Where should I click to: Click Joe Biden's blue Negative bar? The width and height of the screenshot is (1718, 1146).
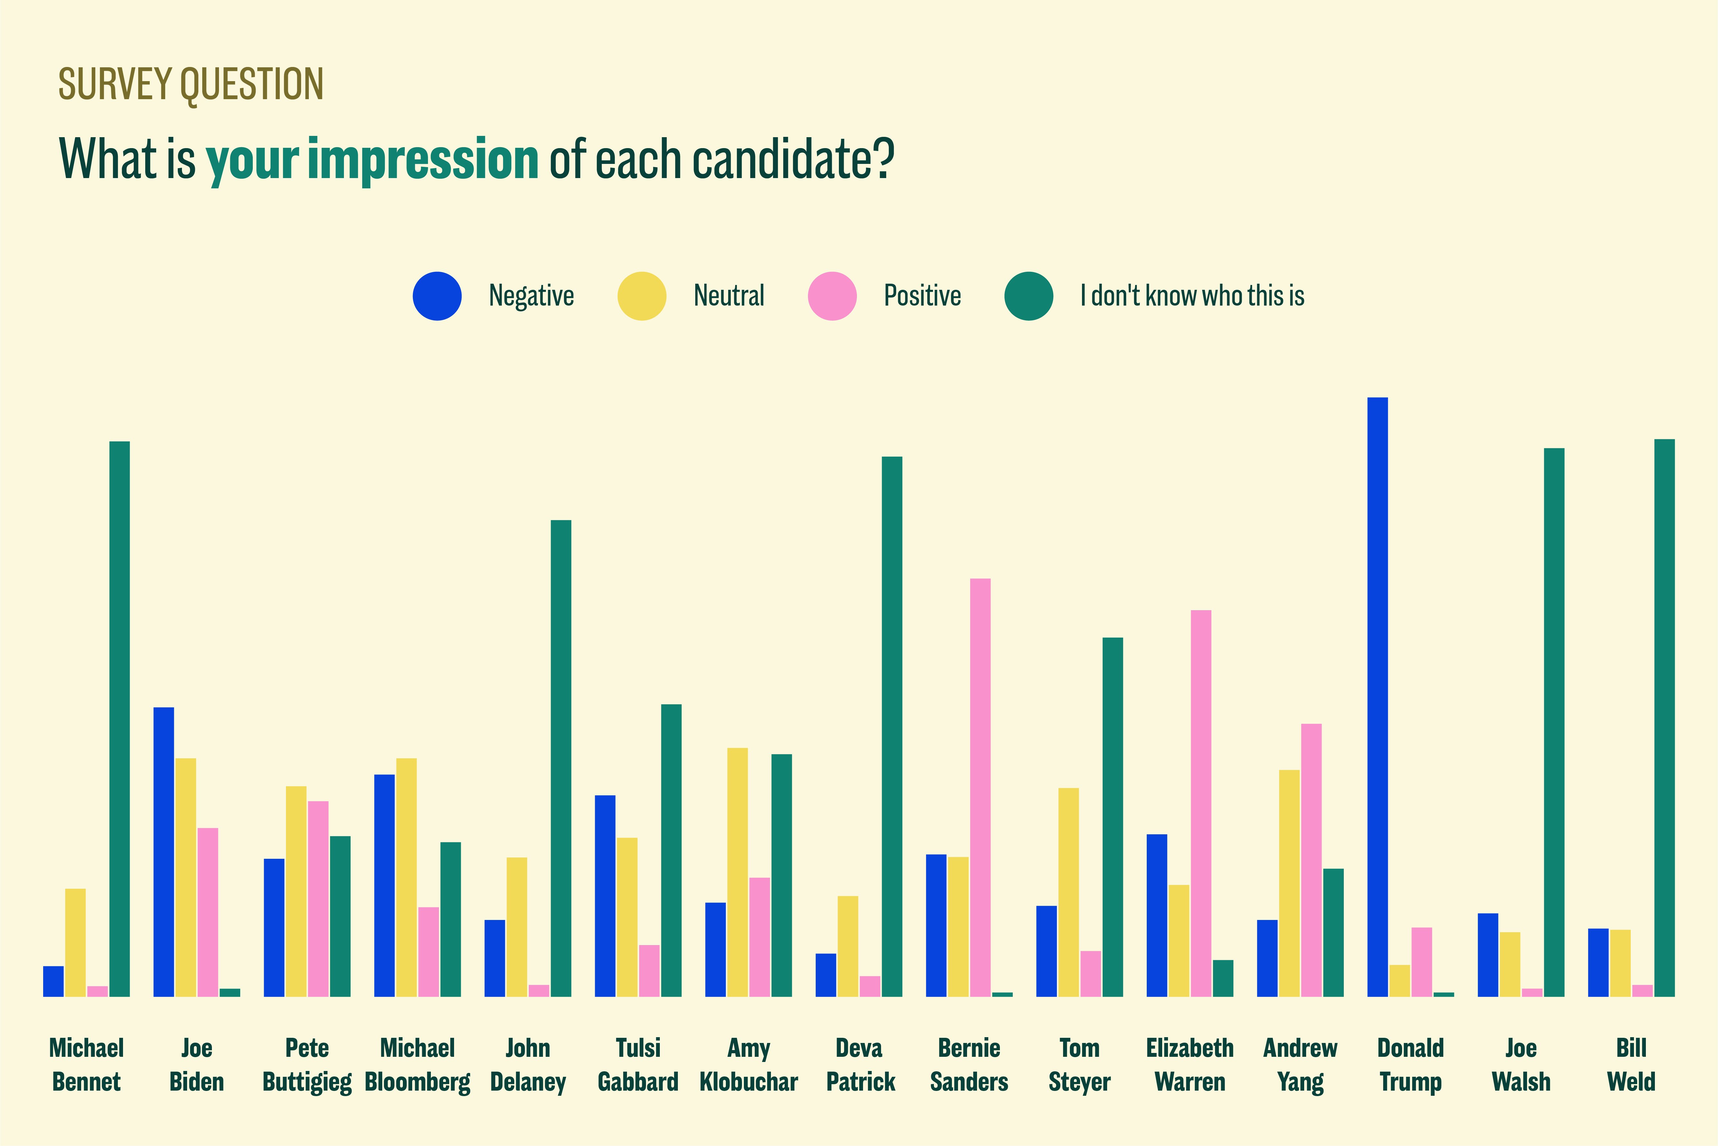click(x=164, y=851)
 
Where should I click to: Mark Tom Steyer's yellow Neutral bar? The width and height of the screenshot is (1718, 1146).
click(x=1068, y=892)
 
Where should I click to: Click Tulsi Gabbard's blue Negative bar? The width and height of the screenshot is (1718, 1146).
click(x=605, y=895)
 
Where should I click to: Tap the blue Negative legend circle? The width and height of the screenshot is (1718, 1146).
click(x=437, y=296)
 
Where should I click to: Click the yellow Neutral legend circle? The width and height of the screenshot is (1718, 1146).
click(x=641, y=296)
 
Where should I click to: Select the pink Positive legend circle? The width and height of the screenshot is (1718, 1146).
click(x=831, y=296)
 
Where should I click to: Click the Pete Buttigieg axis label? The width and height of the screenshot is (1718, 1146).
click(x=307, y=1064)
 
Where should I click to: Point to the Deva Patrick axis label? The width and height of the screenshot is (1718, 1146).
click(x=860, y=1064)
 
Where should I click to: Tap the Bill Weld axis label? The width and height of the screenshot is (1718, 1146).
click(x=1631, y=1064)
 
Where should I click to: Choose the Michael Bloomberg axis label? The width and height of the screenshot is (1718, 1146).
click(x=417, y=1064)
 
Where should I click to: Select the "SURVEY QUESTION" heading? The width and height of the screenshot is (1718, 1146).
click(x=191, y=84)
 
